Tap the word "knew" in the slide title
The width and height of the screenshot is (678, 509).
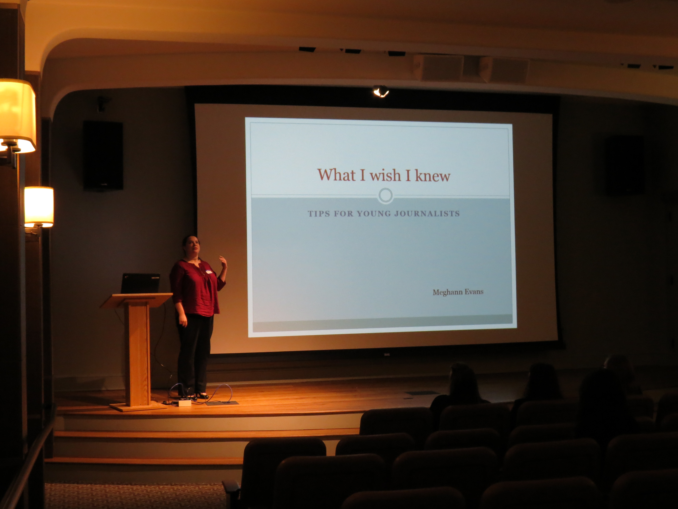point(433,176)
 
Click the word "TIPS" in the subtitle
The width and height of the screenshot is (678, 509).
point(319,214)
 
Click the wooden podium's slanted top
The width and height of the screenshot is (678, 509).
point(136,300)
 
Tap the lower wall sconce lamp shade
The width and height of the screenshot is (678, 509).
point(39,207)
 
